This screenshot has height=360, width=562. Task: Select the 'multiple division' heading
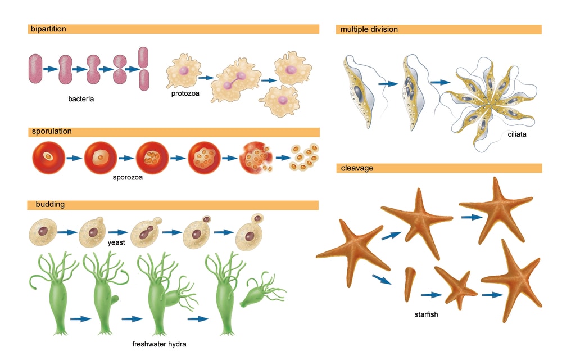pyautogui.click(x=369, y=29)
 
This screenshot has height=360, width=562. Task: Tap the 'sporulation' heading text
pyautogui.click(x=52, y=132)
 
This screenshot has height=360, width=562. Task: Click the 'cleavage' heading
pyautogui.click(x=357, y=168)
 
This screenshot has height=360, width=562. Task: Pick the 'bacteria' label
pyautogui.click(x=81, y=99)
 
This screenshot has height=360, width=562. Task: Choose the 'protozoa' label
pyautogui.click(x=185, y=93)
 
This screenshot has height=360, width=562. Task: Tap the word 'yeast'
pyautogui.click(x=116, y=242)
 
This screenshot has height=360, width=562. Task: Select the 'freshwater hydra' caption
pyautogui.click(x=159, y=344)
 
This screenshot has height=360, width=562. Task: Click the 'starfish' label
pyautogui.click(x=426, y=314)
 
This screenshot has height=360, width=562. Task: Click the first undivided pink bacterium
pyautogui.click(x=36, y=69)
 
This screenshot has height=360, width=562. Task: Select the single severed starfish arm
pyautogui.click(x=410, y=283)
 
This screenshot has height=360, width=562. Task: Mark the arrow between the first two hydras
pyautogui.click(x=81, y=319)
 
